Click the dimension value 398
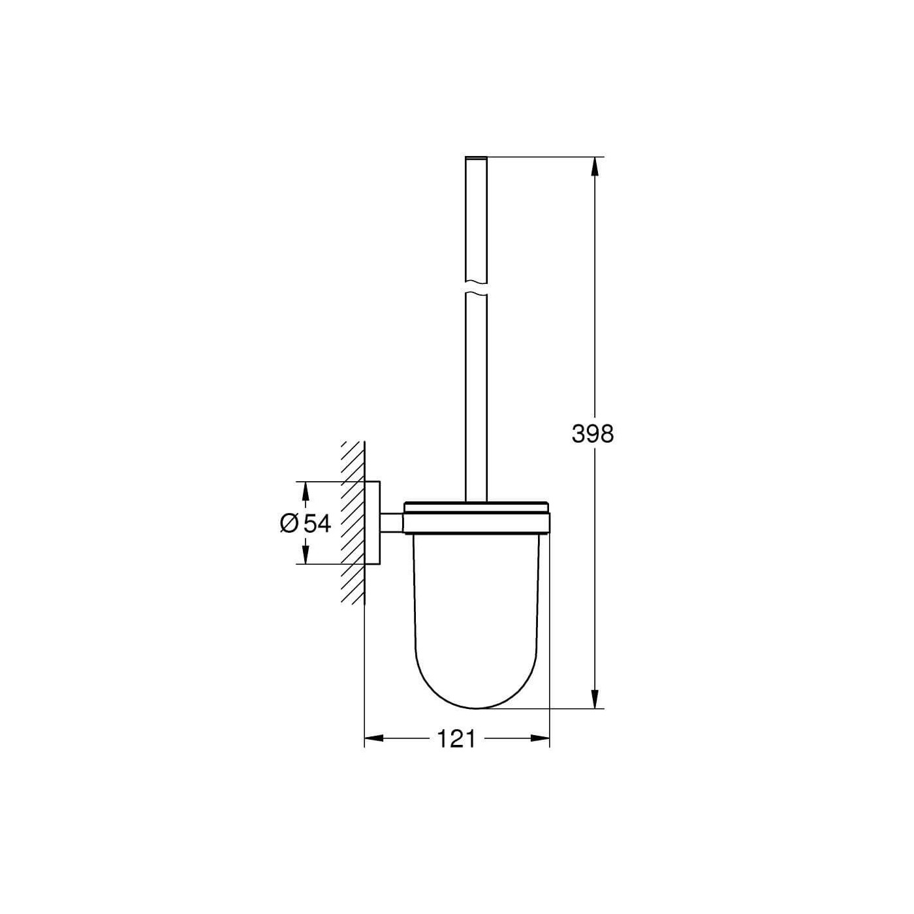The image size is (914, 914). (x=593, y=433)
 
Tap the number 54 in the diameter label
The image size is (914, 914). (x=317, y=523)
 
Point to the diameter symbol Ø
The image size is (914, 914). (x=289, y=523)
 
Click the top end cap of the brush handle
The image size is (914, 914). (x=477, y=158)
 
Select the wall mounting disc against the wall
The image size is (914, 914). (x=372, y=522)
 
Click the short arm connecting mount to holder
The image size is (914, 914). (x=392, y=522)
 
